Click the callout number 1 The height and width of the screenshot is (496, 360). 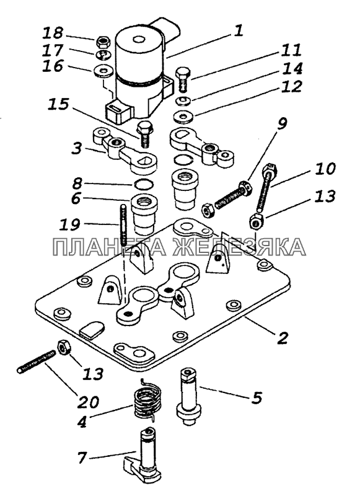[239, 32]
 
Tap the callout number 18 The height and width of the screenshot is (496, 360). [53, 33]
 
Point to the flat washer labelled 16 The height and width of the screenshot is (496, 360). [102, 71]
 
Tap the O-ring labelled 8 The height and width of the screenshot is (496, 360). [144, 184]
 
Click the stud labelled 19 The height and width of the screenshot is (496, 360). [123, 225]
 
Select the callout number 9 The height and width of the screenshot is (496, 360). [282, 123]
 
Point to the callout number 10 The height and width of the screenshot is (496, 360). [325, 169]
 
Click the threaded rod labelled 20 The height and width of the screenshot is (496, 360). [37, 361]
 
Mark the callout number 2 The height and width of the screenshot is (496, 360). [282, 337]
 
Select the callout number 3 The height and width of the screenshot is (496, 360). [77, 148]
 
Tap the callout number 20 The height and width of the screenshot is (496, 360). [88, 402]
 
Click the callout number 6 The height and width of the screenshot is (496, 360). [76, 199]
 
